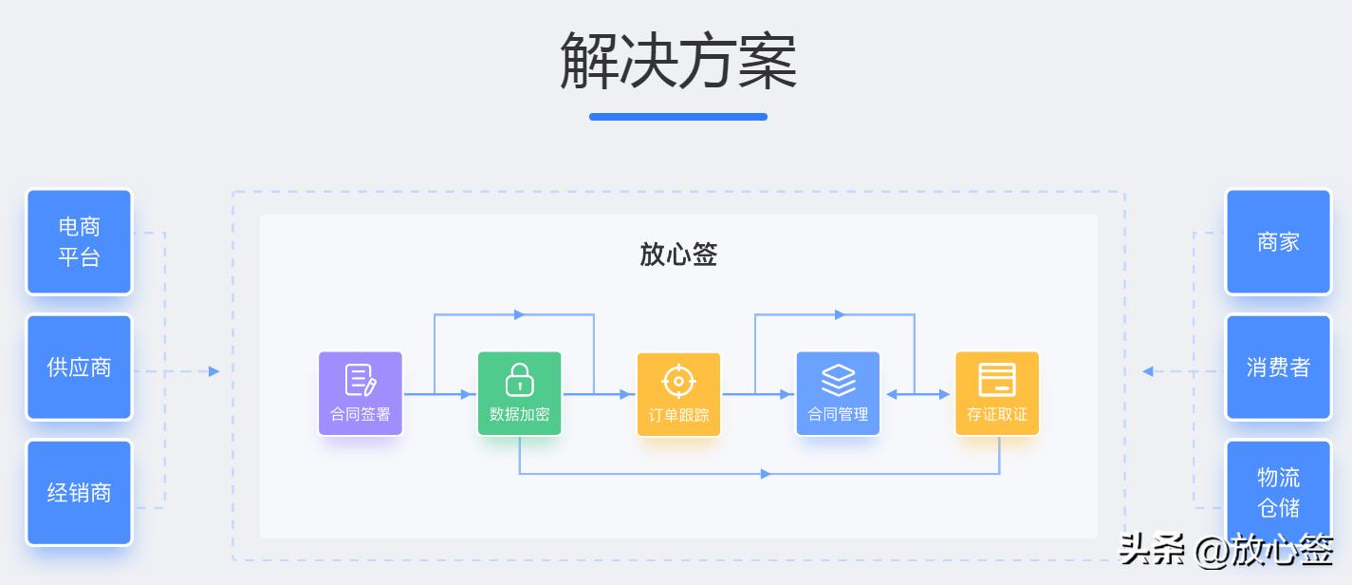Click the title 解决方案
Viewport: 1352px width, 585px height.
pyautogui.click(x=677, y=62)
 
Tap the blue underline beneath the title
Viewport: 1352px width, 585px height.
pyautogui.click(x=677, y=117)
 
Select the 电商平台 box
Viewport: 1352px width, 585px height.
pyautogui.click(x=79, y=242)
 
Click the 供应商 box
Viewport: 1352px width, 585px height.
pyautogui.click(x=79, y=368)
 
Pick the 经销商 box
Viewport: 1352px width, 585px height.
pyautogui.click(x=79, y=493)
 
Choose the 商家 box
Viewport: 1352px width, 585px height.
pyautogui.click(x=1278, y=242)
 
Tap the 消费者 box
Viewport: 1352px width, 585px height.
pyautogui.click(x=1278, y=368)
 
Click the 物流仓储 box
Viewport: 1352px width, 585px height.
pyautogui.click(x=1278, y=491)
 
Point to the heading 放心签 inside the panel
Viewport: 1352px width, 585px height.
pyautogui.click(x=678, y=255)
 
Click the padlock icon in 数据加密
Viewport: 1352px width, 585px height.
pyautogui.click(x=519, y=379)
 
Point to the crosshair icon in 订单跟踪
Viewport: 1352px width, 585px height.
pyautogui.click(x=678, y=381)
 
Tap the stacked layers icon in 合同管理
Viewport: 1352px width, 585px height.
pyautogui.click(x=838, y=380)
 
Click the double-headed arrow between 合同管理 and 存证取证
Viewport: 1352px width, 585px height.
pyautogui.click(x=917, y=394)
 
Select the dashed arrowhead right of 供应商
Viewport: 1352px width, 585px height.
pyautogui.click(x=213, y=371)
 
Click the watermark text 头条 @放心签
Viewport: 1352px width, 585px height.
pyautogui.click(x=1226, y=550)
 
